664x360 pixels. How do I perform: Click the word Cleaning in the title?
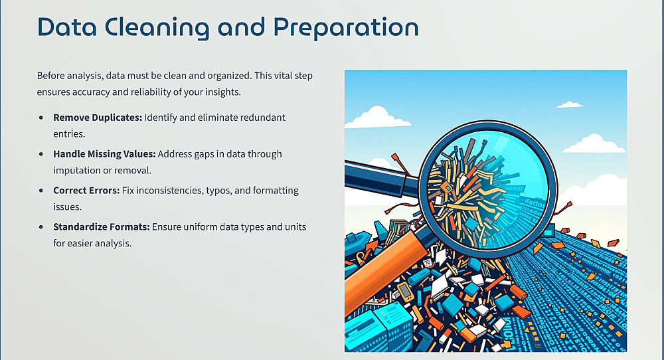tap(157, 28)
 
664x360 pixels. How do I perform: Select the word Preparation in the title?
tap(346, 28)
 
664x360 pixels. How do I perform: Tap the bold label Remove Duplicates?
tap(98, 118)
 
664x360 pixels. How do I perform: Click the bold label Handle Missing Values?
tap(105, 154)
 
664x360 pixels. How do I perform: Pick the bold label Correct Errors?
tap(86, 191)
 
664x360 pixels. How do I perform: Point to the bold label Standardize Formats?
tap(102, 227)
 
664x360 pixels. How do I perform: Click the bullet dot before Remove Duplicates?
tap(41, 118)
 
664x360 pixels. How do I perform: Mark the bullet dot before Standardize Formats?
tap(41, 227)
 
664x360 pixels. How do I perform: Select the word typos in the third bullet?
tap(218, 191)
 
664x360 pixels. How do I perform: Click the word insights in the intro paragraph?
tap(222, 92)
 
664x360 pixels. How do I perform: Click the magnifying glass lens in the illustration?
tap(488, 189)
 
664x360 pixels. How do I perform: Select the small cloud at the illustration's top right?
tap(570, 104)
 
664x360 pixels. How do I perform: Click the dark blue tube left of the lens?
tap(381, 178)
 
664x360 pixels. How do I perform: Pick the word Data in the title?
tap(67, 27)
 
